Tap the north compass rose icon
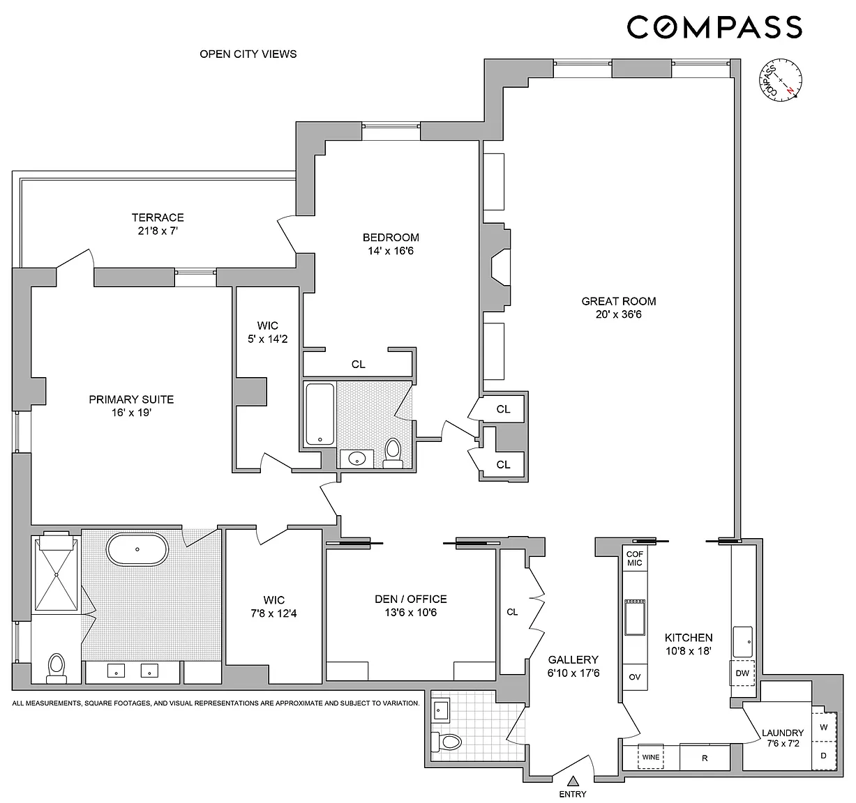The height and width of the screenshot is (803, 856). tap(780, 80)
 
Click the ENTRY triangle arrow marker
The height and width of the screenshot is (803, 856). tap(572, 780)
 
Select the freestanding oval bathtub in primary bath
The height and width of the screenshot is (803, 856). tap(137, 549)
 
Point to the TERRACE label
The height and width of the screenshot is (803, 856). tap(158, 217)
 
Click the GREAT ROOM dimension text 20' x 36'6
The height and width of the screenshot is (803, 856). tap(619, 314)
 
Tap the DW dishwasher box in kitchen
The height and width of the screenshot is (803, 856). tap(742, 673)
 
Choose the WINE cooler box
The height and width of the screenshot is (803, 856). tap(650, 757)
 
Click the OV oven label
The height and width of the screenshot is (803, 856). tap(634, 677)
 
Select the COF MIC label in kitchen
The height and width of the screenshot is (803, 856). tap(634, 558)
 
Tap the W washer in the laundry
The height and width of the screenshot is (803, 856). tap(824, 727)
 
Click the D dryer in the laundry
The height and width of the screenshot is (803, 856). tap(824, 756)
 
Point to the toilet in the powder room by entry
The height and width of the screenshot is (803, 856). tap(446, 742)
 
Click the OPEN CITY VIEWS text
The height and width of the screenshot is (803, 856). tap(248, 54)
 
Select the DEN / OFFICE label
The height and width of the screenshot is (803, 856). tap(411, 599)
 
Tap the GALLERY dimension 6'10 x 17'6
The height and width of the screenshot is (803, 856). tap(573, 673)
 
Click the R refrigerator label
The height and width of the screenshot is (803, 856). tap(705, 758)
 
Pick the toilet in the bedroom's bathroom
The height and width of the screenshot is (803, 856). tap(393, 453)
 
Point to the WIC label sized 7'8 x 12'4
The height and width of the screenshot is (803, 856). tap(273, 599)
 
